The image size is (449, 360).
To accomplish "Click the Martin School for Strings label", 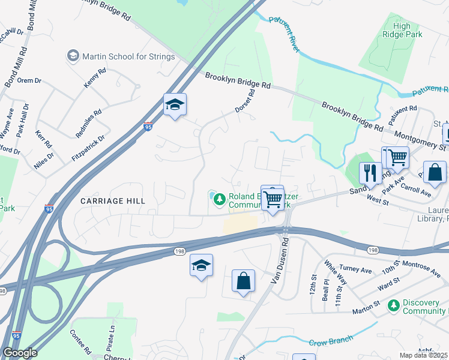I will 128,56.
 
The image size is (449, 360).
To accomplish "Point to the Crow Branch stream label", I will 331,342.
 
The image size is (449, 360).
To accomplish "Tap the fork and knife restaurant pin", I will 370,173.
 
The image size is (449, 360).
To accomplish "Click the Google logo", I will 19,353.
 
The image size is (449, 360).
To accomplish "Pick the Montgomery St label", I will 422,139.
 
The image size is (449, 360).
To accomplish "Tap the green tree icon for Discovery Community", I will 393,306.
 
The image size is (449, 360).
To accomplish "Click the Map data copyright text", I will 424,355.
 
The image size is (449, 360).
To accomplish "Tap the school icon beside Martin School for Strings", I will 73,56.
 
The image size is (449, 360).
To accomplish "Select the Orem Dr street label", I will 29,80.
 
